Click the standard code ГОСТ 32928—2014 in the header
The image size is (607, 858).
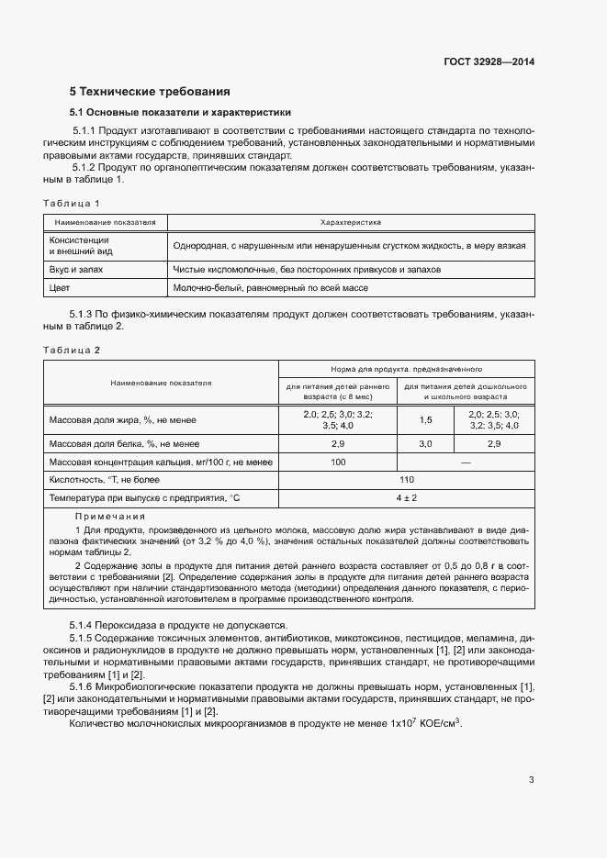tap(489, 62)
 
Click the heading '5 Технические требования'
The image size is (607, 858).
tap(149, 92)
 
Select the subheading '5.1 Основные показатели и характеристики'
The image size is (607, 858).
tap(181, 112)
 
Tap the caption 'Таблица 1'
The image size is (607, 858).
tap(72, 203)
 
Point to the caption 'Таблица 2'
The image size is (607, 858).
tap(72, 350)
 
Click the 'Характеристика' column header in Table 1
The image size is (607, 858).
tap(350, 222)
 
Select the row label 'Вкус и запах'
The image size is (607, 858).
tap(76, 271)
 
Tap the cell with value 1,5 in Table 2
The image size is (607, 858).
tap(425, 419)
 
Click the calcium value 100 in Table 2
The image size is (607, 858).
tap(337, 462)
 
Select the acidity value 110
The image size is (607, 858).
tap(407, 480)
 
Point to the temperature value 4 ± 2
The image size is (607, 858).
tap(407, 497)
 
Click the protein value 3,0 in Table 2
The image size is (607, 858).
tap(425, 443)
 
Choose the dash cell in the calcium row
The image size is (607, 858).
tap(466, 462)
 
